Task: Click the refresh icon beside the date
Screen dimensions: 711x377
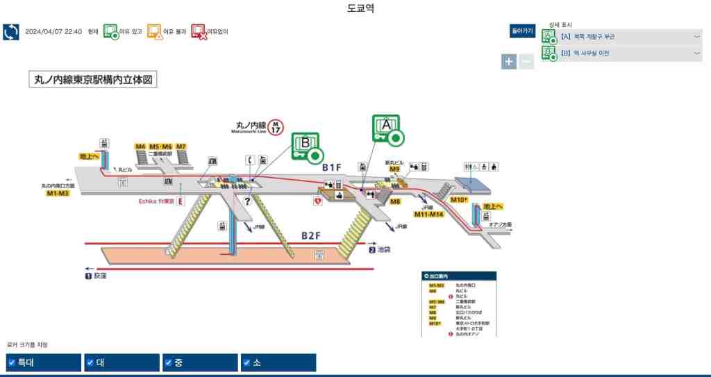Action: pos(11,32)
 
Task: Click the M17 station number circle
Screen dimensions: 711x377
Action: pos(276,126)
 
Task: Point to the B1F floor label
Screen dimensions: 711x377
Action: pos(332,167)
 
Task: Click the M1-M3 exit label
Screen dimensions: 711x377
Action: pos(58,193)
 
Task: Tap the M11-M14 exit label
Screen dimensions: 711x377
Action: pos(428,215)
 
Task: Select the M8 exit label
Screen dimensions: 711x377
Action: pos(395,201)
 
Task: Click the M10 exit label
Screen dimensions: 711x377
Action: pos(458,200)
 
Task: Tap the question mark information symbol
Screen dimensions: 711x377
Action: pos(246,201)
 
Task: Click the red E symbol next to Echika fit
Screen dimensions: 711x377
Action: pos(181,201)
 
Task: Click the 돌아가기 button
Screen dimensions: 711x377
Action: pos(522,31)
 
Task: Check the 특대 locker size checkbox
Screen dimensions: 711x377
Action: pos(11,362)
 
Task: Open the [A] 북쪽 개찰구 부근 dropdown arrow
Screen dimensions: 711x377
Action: pos(696,36)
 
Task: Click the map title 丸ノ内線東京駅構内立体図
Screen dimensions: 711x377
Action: pos(93,80)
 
